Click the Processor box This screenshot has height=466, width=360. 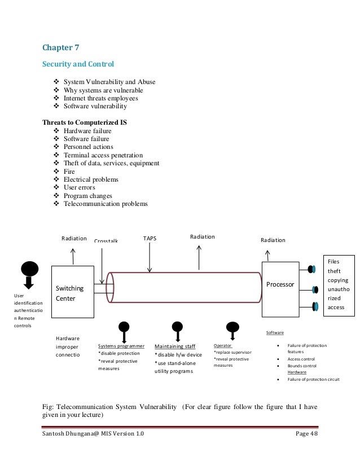[x=281, y=285]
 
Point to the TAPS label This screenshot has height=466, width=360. [x=150, y=239]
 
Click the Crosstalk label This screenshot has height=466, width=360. [x=106, y=241]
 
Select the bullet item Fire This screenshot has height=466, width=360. [x=69, y=172]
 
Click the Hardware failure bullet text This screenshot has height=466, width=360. [x=87, y=131]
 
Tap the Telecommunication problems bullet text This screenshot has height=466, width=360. [x=106, y=204]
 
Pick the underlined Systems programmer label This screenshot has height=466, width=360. [x=121, y=345]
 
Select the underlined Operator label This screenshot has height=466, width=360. [x=222, y=344]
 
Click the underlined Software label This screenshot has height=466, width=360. [x=274, y=333]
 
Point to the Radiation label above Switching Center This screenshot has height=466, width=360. [x=74, y=239]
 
